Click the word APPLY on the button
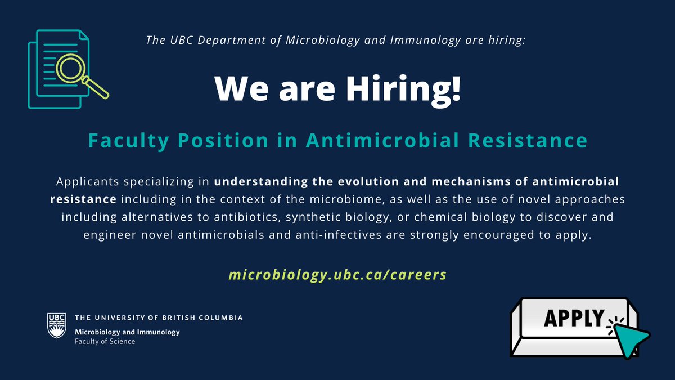pyautogui.click(x=573, y=318)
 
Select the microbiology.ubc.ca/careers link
pyautogui.click(x=337, y=275)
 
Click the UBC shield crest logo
pyautogui.click(x=56, y=326)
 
